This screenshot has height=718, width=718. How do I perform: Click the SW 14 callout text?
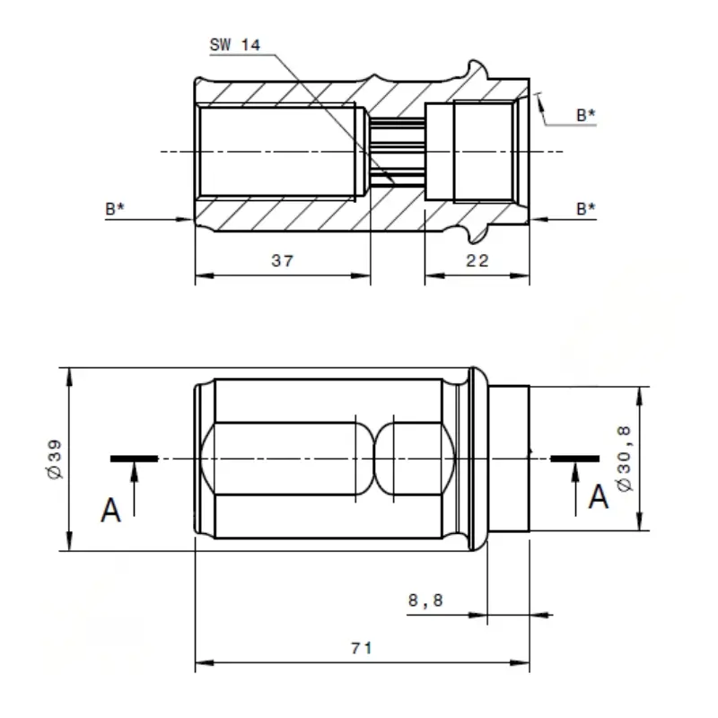(235, 45)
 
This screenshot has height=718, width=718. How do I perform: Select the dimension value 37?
(282, 260)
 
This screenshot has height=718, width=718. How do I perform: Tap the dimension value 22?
(477, 260)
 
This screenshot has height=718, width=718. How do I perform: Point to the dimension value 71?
(362, 648)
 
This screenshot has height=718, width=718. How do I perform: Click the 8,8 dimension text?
(425, 600)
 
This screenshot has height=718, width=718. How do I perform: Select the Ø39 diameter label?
(55, 460)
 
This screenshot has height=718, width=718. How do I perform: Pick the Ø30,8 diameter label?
(624, 459)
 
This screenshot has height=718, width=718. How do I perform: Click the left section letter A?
(110, 510)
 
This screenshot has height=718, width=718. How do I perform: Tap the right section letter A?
(599, 497)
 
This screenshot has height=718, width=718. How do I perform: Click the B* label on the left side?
(115, 209)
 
